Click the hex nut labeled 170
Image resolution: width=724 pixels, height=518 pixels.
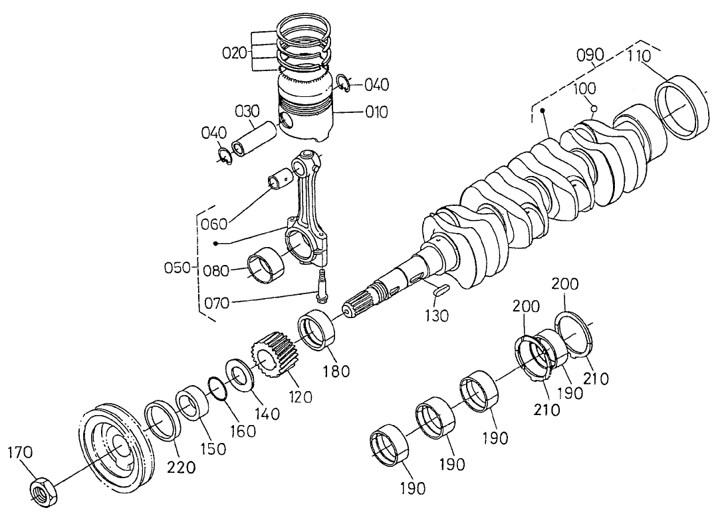[45, 491]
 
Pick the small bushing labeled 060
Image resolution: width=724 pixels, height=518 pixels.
[281, 179]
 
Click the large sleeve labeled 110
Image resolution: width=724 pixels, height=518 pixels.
[682, 109]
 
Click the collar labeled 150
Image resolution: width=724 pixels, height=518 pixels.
[193, 406]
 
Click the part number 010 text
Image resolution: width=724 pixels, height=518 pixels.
[376, 112]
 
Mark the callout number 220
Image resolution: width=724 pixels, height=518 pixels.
[182, 466]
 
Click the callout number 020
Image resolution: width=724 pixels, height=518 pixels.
[235, 53]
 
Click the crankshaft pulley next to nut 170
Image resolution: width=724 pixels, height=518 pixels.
[114, 444]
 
